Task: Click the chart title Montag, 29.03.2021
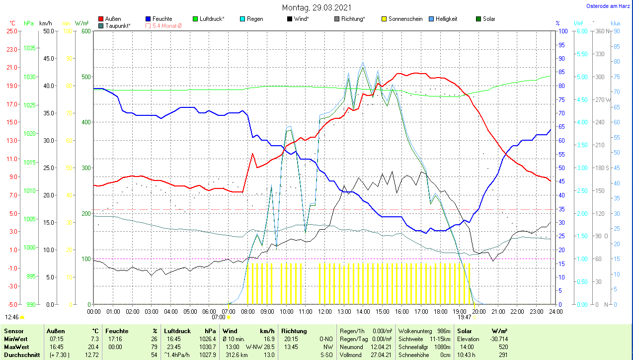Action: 316,7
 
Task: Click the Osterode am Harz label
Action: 609,6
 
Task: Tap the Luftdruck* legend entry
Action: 212,19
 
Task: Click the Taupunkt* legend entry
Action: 118,25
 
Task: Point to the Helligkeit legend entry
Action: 446,19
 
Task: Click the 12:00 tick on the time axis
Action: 324,311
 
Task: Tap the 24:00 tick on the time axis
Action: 555,311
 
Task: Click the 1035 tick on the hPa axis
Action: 29,48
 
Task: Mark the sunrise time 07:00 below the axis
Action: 218,317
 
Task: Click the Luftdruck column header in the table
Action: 177,331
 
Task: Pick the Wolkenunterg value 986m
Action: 443,331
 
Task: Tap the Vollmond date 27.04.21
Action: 382,355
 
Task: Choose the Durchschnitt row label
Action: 18,355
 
